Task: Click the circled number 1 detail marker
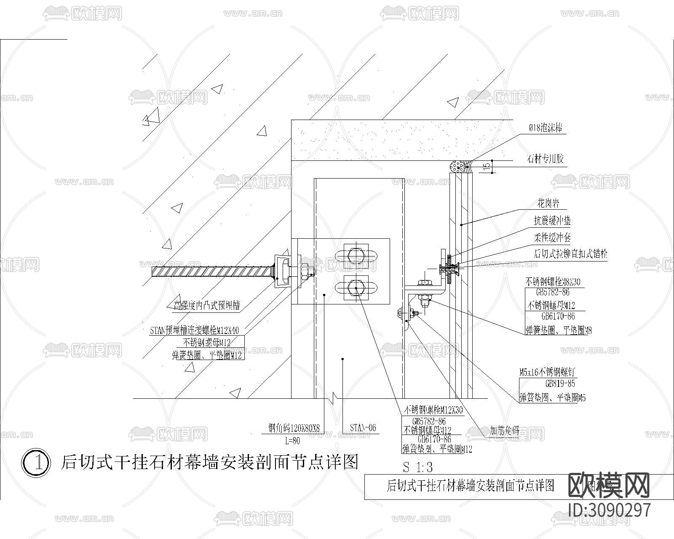pyautogui.click(x=37, y=462)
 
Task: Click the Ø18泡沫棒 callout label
pyautogui.click(x=546, y=128)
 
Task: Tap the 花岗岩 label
pyautogui.click(x=548, y=204)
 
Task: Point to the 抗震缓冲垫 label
pyautogui.click(x=552, y=221)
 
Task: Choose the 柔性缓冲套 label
pyautogui.click(x=552, y=237)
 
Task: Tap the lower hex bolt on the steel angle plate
pyautogui.click(x=356, y=288)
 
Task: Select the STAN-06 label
pyautogui.click(x=363, y=428)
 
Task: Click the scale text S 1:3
pyautogui.click(x=417, y=467)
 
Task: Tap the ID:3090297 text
pyautogui.click(x=610, y=510)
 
